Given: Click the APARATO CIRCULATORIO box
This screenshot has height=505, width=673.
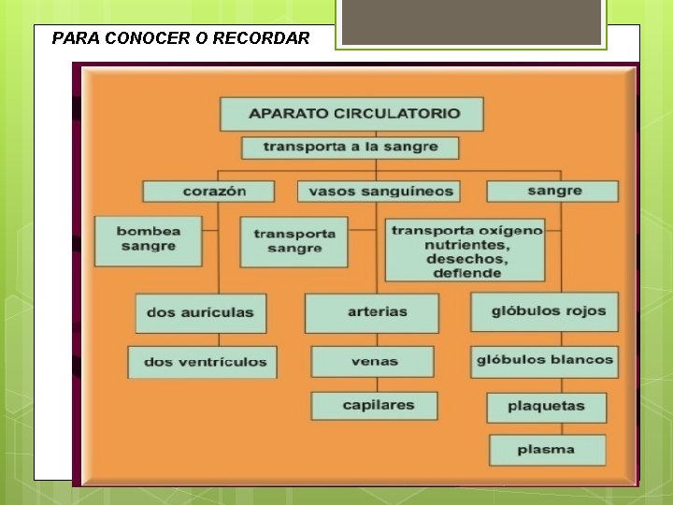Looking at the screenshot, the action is pos(352,113).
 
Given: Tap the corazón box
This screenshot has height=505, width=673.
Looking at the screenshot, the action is pos(208,191).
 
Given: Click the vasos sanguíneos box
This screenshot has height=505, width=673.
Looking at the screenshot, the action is pos(379,191).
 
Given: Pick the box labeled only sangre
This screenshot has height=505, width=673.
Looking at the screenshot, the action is pos(552,191).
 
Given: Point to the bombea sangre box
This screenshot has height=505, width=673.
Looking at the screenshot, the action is pos(148,239).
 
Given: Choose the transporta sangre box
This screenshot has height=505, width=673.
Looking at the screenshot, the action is pos(294,241).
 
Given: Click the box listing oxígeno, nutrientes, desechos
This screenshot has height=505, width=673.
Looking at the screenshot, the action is pos(465,250).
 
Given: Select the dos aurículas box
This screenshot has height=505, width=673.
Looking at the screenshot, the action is pos(200,312).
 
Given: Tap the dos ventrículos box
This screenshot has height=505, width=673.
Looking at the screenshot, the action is pos(203,362).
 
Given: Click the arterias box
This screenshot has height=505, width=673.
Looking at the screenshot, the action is pos(372,312).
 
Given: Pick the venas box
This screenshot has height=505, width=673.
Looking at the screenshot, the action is pos(373,361).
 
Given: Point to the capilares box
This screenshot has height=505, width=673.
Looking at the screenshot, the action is pos(374,406).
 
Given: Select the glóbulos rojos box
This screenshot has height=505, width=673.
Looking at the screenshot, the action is pos(544,311).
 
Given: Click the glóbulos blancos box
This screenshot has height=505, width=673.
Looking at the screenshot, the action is pos(544,360).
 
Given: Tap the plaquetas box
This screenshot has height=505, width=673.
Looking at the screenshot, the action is pos(546,407).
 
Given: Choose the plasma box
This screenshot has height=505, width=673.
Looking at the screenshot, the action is pos(547,450).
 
